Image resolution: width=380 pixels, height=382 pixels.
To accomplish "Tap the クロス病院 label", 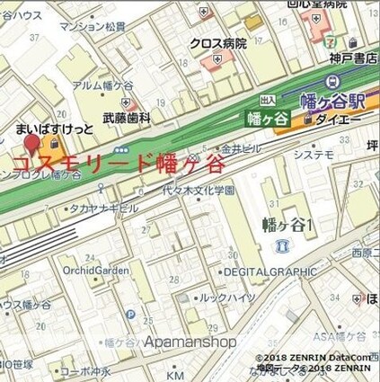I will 217,43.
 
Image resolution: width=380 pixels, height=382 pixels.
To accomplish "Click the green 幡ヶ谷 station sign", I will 267,117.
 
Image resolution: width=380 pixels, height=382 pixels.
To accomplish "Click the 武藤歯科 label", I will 123,118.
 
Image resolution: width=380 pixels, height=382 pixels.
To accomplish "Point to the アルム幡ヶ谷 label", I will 97,85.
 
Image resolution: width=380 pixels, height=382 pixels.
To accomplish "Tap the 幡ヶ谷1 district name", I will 287,223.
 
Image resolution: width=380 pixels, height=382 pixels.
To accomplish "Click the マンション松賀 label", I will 93,27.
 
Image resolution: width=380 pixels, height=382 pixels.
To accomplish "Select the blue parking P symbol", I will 131,315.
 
